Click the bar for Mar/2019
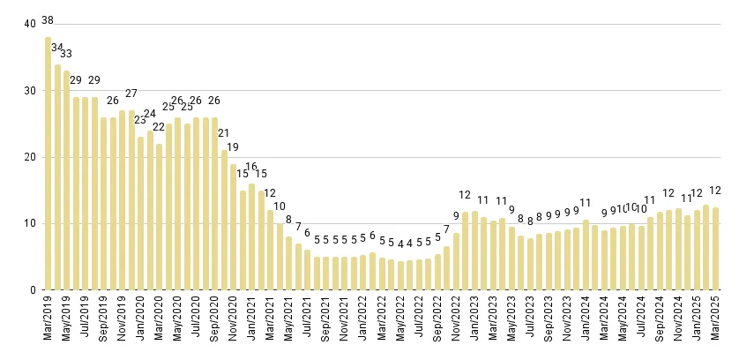pos(48,163)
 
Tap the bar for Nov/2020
pos(233,227)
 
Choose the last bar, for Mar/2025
pos(715,249)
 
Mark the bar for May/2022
pos(400,275)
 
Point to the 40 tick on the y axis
pos(30,24)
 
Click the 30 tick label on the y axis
pos(30,91)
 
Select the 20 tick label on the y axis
pos(30,157)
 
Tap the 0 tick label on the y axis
pos(34,290)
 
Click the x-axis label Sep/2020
pos(215,323)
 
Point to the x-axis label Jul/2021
pos(308,323)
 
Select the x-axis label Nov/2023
pos(567,323)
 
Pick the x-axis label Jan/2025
pos(697,323)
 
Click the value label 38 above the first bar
pos(48,20)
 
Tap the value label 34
pos(57,48)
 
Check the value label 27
pos(131,94)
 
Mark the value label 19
pos(233,147)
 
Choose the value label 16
pos(251,167)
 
